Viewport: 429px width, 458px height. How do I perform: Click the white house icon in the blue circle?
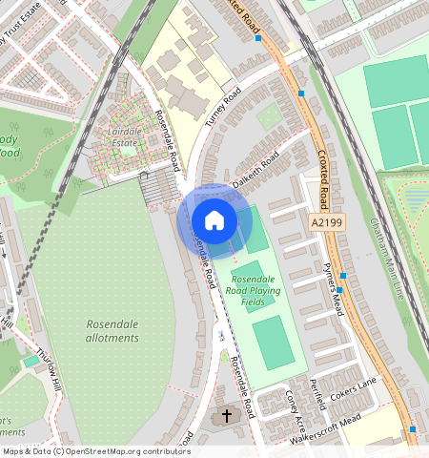pos(214,220)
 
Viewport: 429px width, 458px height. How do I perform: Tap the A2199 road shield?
pos(325,221)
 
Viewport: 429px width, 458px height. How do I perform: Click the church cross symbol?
pos(227,415)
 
